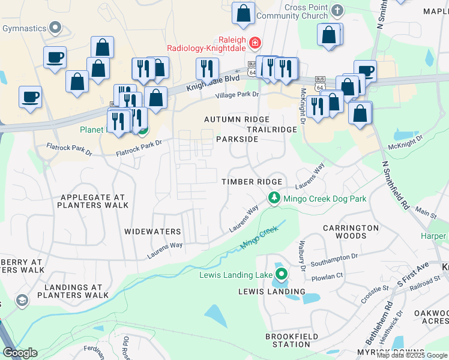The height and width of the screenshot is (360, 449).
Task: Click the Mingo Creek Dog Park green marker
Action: coord(274,198)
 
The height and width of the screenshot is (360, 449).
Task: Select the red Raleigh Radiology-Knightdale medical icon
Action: coord(255,43)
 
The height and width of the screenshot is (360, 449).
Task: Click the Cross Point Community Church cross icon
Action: coord(338,11)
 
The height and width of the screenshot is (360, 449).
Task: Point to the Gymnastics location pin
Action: coord(56,28)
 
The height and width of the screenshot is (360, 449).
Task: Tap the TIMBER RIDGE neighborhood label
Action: coord(252,182)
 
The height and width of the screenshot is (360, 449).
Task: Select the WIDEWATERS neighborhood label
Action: coord(152,231)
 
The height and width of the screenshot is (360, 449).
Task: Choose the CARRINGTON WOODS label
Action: coord(351,232)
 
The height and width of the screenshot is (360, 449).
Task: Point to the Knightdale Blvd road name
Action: coord(213,79)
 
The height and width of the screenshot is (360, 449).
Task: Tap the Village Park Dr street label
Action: coord(238,94)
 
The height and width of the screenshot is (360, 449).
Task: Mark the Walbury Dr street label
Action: coord(302,254)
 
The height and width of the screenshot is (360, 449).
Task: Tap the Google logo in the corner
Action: coord(20,353)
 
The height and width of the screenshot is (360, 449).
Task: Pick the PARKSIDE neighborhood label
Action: coord(237,139)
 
